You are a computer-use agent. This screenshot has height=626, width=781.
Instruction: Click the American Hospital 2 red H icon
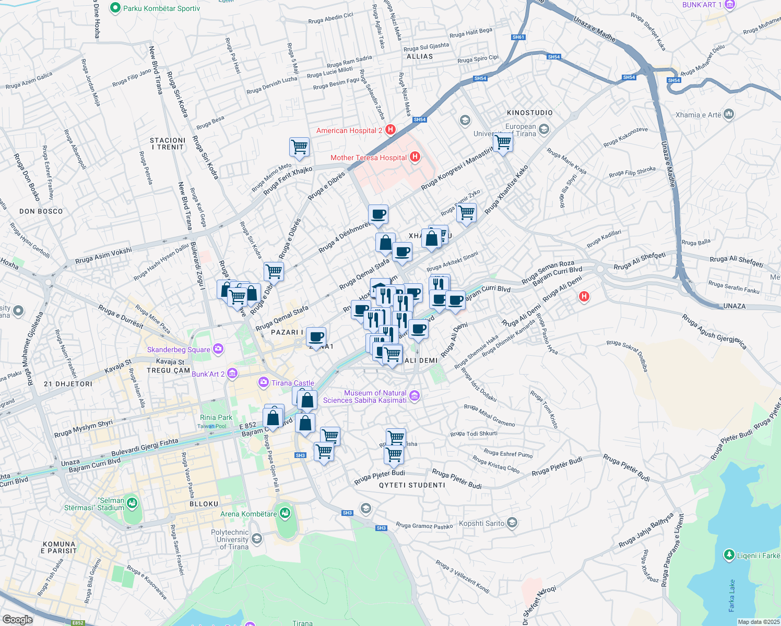point(390,130)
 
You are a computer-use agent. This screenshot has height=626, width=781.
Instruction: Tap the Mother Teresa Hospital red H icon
point(415,157)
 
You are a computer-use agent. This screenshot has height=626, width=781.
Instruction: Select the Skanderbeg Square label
point(179,350)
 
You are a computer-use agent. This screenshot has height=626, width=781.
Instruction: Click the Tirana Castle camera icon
point(264,382)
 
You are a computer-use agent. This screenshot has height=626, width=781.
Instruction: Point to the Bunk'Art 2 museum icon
point(232,374)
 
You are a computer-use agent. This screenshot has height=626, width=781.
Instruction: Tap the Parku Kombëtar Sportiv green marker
point(115,8)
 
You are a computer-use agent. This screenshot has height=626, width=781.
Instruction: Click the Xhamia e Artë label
point(698,115)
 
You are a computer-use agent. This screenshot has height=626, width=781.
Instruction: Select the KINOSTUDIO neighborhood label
point(529,113)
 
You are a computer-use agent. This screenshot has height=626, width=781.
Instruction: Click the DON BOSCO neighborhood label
point(41,211)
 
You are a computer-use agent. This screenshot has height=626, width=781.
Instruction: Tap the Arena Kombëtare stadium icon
point(285,513)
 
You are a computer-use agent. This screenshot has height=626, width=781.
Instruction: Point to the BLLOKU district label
point(204,504)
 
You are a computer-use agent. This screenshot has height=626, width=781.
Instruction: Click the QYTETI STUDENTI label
point(412,485)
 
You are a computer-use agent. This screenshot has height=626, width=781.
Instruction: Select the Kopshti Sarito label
point(481,523)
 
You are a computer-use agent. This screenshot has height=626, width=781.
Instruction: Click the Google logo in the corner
point(17,619)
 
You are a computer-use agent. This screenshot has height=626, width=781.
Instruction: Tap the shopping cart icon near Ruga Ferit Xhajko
point(300,147)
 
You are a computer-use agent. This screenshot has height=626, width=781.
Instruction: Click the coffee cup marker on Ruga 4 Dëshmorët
point(378,214)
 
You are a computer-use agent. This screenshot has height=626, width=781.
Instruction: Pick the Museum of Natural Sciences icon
point(415,396)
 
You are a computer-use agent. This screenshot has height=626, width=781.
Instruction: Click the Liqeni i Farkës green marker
point(729,555)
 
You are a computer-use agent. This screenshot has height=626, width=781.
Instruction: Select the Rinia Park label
point(216,417)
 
